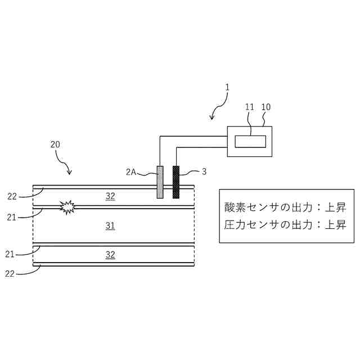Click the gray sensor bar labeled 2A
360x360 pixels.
point(160,182)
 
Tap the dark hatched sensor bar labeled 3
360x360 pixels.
point(175,182)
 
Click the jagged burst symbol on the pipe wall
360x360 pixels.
point(67,206)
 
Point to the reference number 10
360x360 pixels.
point(266,106)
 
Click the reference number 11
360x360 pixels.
point(250,106)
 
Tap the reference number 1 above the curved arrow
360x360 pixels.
point(227,87)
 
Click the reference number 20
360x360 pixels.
point(55,144)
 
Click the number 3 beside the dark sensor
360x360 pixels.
point(204,172)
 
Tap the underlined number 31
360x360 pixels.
point(110,226)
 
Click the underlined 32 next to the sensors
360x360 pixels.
point(110,196)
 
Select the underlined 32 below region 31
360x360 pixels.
point(110,254)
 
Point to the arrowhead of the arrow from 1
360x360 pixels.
point(211,118)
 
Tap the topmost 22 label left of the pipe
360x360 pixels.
point(13,196)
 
